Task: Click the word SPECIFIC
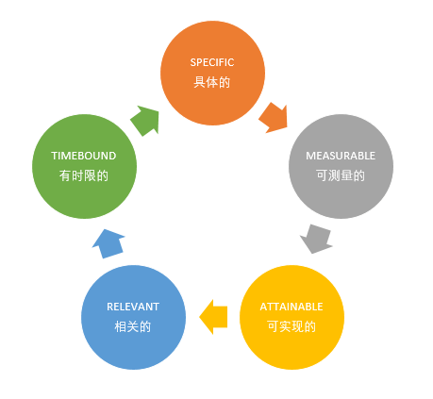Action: (212, 62)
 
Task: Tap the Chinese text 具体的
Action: (212, 82)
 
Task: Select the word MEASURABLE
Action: (341, 156)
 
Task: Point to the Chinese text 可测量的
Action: (341, 175)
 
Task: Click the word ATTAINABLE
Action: (291, 307)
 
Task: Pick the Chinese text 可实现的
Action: (291, 326)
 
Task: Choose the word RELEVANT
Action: (133, 307)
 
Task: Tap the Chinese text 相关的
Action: (133, 326)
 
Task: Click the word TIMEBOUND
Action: (84, 156)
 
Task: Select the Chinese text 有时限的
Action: (84, 175)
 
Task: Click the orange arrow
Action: (274, 118)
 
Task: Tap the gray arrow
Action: (317, 239)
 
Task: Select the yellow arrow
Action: (213, 317)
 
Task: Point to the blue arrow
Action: (108, 244)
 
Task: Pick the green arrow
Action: (145, 121)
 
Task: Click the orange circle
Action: (212, 73)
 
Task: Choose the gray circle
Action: (341, 166)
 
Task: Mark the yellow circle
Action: (291, 317)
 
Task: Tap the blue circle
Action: (133, 317)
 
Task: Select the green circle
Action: (84, 166)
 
